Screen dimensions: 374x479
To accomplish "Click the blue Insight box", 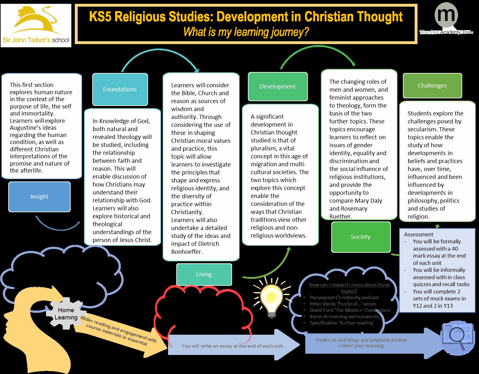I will coord(39,197).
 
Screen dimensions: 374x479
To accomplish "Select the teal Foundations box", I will coord(120,89).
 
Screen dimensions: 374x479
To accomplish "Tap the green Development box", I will coord(277,87).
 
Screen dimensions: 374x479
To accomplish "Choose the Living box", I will coord(204,274).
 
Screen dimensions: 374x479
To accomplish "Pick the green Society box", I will coord(360,237).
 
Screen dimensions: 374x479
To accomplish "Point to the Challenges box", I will coord(432,86).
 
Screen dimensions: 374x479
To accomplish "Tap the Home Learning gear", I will coord(66,313).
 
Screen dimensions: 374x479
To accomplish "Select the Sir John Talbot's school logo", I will coord(36,25).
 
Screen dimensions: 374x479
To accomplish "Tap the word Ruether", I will coord(340,217).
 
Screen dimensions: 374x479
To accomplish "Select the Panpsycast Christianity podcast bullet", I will coord(344,298).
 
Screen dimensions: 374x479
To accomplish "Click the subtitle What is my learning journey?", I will coord(246,32).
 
